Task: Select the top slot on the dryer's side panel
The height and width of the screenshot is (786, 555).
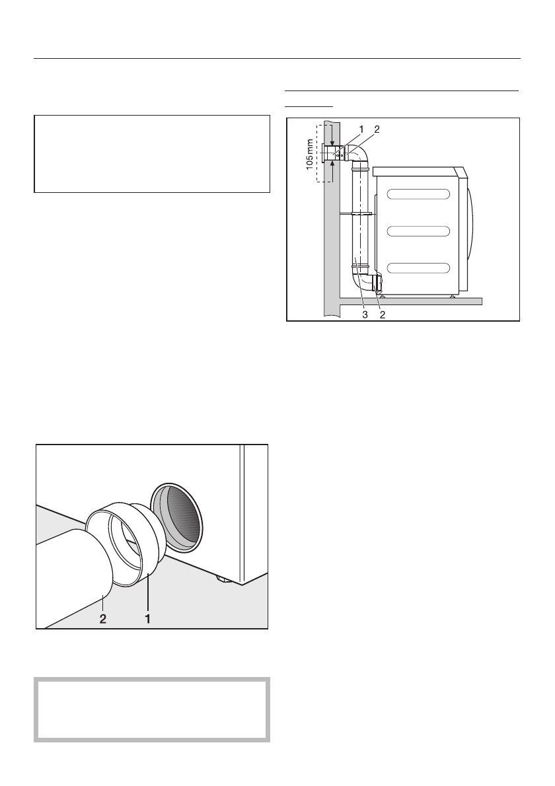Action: [x=418, y=194]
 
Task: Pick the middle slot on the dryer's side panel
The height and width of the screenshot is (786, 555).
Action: [x=418, y=231]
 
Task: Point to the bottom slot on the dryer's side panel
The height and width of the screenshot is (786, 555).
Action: [x=418, y=268]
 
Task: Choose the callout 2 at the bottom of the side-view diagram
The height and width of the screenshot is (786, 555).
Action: [x=382, y=315]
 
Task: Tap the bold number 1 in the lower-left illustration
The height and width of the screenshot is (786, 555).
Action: [x=147, y=620]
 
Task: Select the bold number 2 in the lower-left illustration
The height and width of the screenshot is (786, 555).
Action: [x=104, y=620]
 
